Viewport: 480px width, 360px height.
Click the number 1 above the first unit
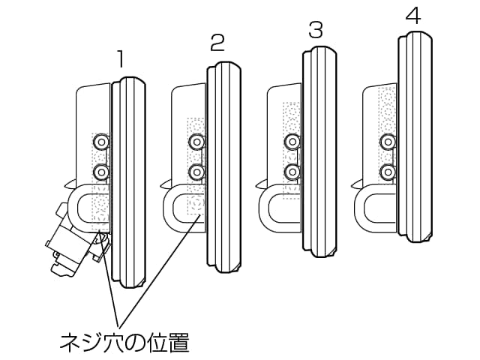[x=120, y=59]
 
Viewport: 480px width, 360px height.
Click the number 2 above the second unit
[x=217, y=43]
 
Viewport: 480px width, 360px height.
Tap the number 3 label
[x=316, y=30]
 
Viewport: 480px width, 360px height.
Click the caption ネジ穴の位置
[x=124, y=343]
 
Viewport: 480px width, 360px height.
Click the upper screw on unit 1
[x=100, y=141]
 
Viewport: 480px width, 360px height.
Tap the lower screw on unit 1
[x=100, y=172]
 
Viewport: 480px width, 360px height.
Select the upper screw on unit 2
[x=196, y=141]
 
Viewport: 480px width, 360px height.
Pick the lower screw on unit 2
[x=196, y=172]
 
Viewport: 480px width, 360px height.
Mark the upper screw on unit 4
[x=388, y=141]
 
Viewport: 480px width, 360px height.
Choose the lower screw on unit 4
[x=388, y=172]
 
